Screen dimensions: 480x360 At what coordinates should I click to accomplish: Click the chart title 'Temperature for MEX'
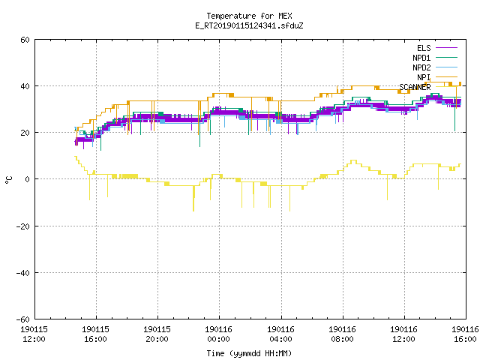[x=249, y=16]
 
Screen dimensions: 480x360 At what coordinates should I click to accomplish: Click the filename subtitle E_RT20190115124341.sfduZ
[x=249, y=25]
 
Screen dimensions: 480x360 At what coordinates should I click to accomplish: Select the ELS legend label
[x=424, y=48]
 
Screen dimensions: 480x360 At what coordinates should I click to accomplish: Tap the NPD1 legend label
[x=421, y=58]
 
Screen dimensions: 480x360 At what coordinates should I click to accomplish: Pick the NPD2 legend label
[x=421, y=67]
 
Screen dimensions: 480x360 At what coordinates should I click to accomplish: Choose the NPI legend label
[x=424, y=77]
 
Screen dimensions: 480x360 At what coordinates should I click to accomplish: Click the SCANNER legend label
[x=415, y=87]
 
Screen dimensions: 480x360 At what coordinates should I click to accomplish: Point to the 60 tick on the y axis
[x=25, y=40]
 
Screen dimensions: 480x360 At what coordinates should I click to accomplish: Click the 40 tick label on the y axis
[x=25, y=86]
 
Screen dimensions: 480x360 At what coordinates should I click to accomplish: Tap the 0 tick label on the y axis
[x=28, y=179]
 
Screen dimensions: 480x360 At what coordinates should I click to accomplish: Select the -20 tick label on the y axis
[x=23, y=226]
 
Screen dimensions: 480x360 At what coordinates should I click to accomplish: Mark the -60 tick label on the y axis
[x=23, y=319]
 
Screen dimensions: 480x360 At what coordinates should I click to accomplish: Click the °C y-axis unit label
[x=9, y=180]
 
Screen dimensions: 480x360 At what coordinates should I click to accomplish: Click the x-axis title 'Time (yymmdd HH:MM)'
[x=249, y=353]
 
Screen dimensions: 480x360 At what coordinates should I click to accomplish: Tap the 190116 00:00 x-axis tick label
[x=218, y=334]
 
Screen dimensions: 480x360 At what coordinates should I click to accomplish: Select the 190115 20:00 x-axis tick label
[x=157, y=334]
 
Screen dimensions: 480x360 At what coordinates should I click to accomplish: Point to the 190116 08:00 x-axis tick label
[x=342, y=334]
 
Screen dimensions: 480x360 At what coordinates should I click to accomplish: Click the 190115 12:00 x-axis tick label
[x=34, y=334]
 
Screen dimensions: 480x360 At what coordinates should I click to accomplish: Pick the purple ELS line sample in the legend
[x=446, y=48]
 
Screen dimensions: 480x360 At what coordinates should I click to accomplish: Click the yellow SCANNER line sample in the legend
[x=446, y=87]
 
